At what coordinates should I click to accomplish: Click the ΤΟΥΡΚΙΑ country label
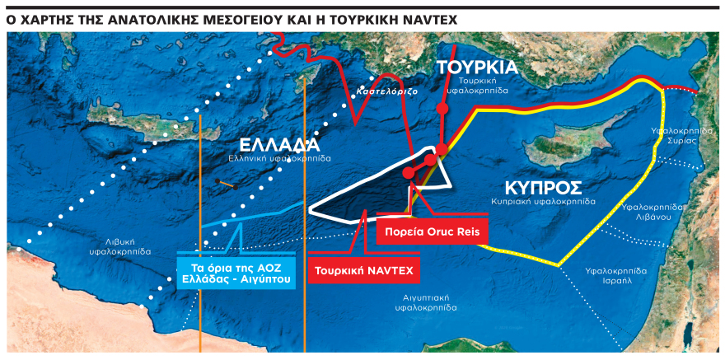point(477,67)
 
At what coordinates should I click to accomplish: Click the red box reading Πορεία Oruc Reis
point(432,231)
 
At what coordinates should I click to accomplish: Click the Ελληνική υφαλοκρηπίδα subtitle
point(279,157)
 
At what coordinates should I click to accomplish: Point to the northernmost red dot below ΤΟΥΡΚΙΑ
point(442,108)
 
